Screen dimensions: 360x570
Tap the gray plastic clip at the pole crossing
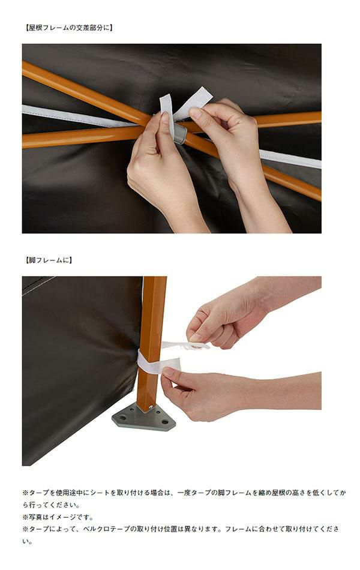point(179,133)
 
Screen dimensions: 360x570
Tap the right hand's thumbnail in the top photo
point(195,113)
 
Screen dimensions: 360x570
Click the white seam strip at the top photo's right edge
point(290,159)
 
